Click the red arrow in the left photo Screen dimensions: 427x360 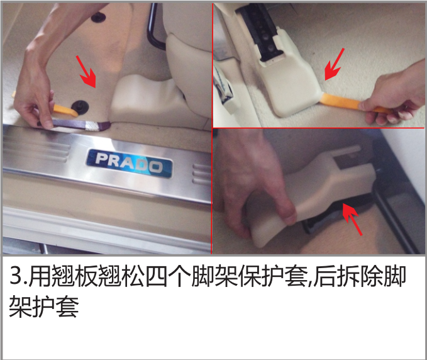[x=86, y=72]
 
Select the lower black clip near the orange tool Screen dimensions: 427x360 [x=80, y=106]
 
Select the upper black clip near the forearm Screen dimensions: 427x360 [x=98, y=17]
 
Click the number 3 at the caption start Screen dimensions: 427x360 [x=16, y=276]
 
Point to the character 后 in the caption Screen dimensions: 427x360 [x=324, y=276]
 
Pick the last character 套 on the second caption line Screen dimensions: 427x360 [x=67, y=307]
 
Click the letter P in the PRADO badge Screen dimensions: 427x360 [x=103, y=159]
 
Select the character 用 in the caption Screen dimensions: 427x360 [x=39, y=276]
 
